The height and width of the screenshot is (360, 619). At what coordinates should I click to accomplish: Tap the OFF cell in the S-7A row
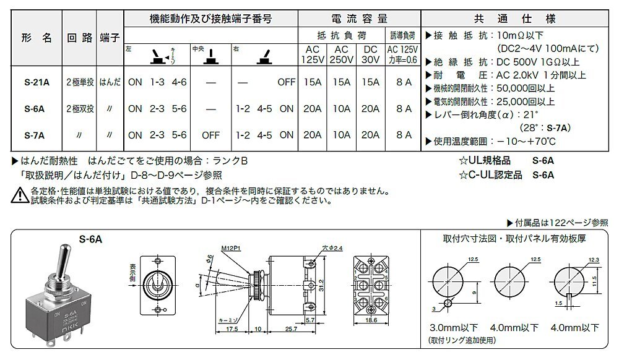(211, 135)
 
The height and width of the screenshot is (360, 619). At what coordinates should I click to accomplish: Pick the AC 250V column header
(342, 54)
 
